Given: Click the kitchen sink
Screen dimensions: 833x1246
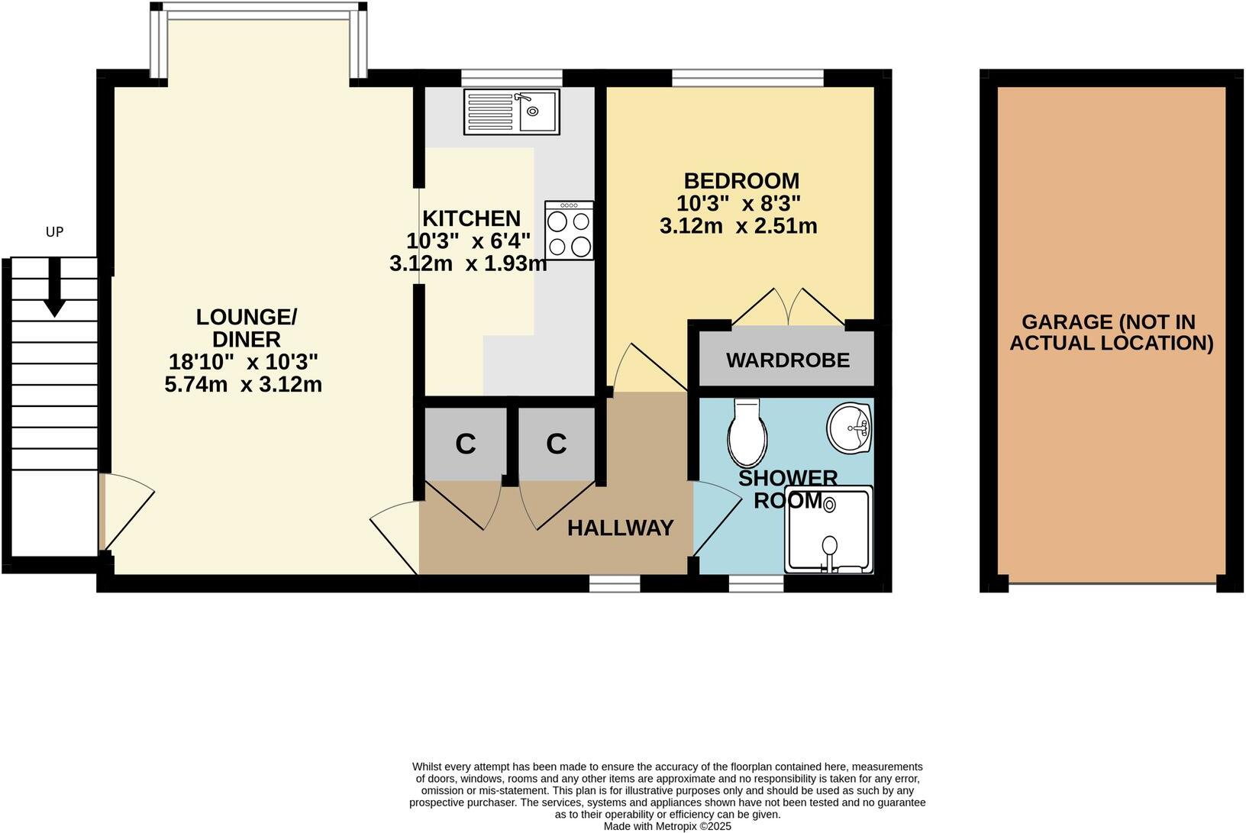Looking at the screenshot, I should point(511,112).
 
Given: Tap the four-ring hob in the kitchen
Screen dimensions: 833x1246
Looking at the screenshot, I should point(570,231).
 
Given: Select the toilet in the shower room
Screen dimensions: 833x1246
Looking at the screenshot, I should point(747,433).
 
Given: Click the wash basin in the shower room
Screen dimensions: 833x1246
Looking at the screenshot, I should point(849,428).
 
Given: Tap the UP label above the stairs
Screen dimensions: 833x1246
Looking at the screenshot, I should point(54,231).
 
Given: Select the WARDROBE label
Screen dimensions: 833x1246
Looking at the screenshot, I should point(788,360).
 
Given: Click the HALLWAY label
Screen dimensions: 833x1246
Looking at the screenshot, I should point(620,528).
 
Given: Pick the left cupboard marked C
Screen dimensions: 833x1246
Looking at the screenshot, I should point(465,444).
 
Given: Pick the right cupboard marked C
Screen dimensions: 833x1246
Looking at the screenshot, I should point(556,444).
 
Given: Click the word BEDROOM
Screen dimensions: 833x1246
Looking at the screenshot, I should point(741,181).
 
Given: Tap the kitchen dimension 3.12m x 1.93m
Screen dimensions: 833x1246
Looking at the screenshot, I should point(468,264).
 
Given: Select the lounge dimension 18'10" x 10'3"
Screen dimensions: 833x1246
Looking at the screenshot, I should point(243,361).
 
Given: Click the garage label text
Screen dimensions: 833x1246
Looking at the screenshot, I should point(1111,332).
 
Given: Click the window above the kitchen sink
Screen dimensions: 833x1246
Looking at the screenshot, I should point(512,77).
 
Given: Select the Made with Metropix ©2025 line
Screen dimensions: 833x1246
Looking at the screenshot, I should point(667,826).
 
